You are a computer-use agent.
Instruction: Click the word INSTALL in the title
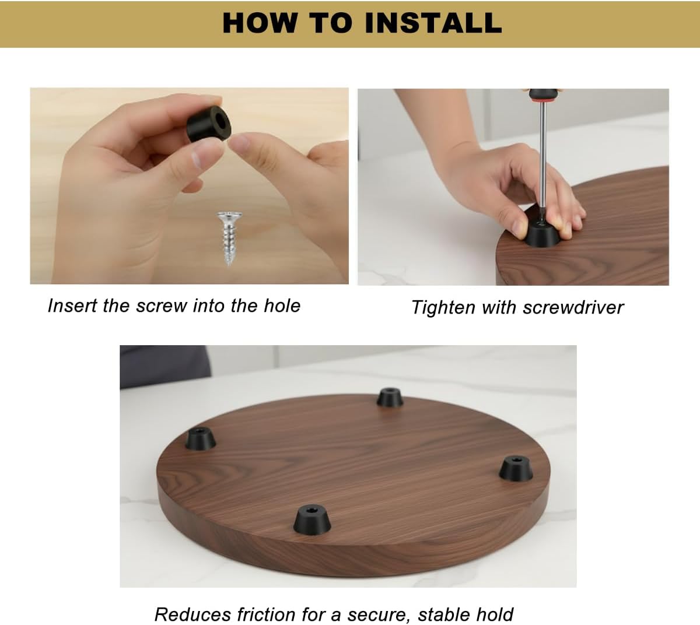433,23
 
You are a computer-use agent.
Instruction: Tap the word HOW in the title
260,23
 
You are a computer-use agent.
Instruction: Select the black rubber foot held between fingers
209,123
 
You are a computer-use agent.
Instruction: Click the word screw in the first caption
162,306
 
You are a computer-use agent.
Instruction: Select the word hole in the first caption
282,306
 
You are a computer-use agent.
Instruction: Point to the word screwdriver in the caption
573,307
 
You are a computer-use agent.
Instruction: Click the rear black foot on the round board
390,398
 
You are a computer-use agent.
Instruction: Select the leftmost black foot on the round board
201,438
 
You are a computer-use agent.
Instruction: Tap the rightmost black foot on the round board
516,469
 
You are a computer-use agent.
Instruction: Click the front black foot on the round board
312,520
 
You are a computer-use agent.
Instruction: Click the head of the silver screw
229,216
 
